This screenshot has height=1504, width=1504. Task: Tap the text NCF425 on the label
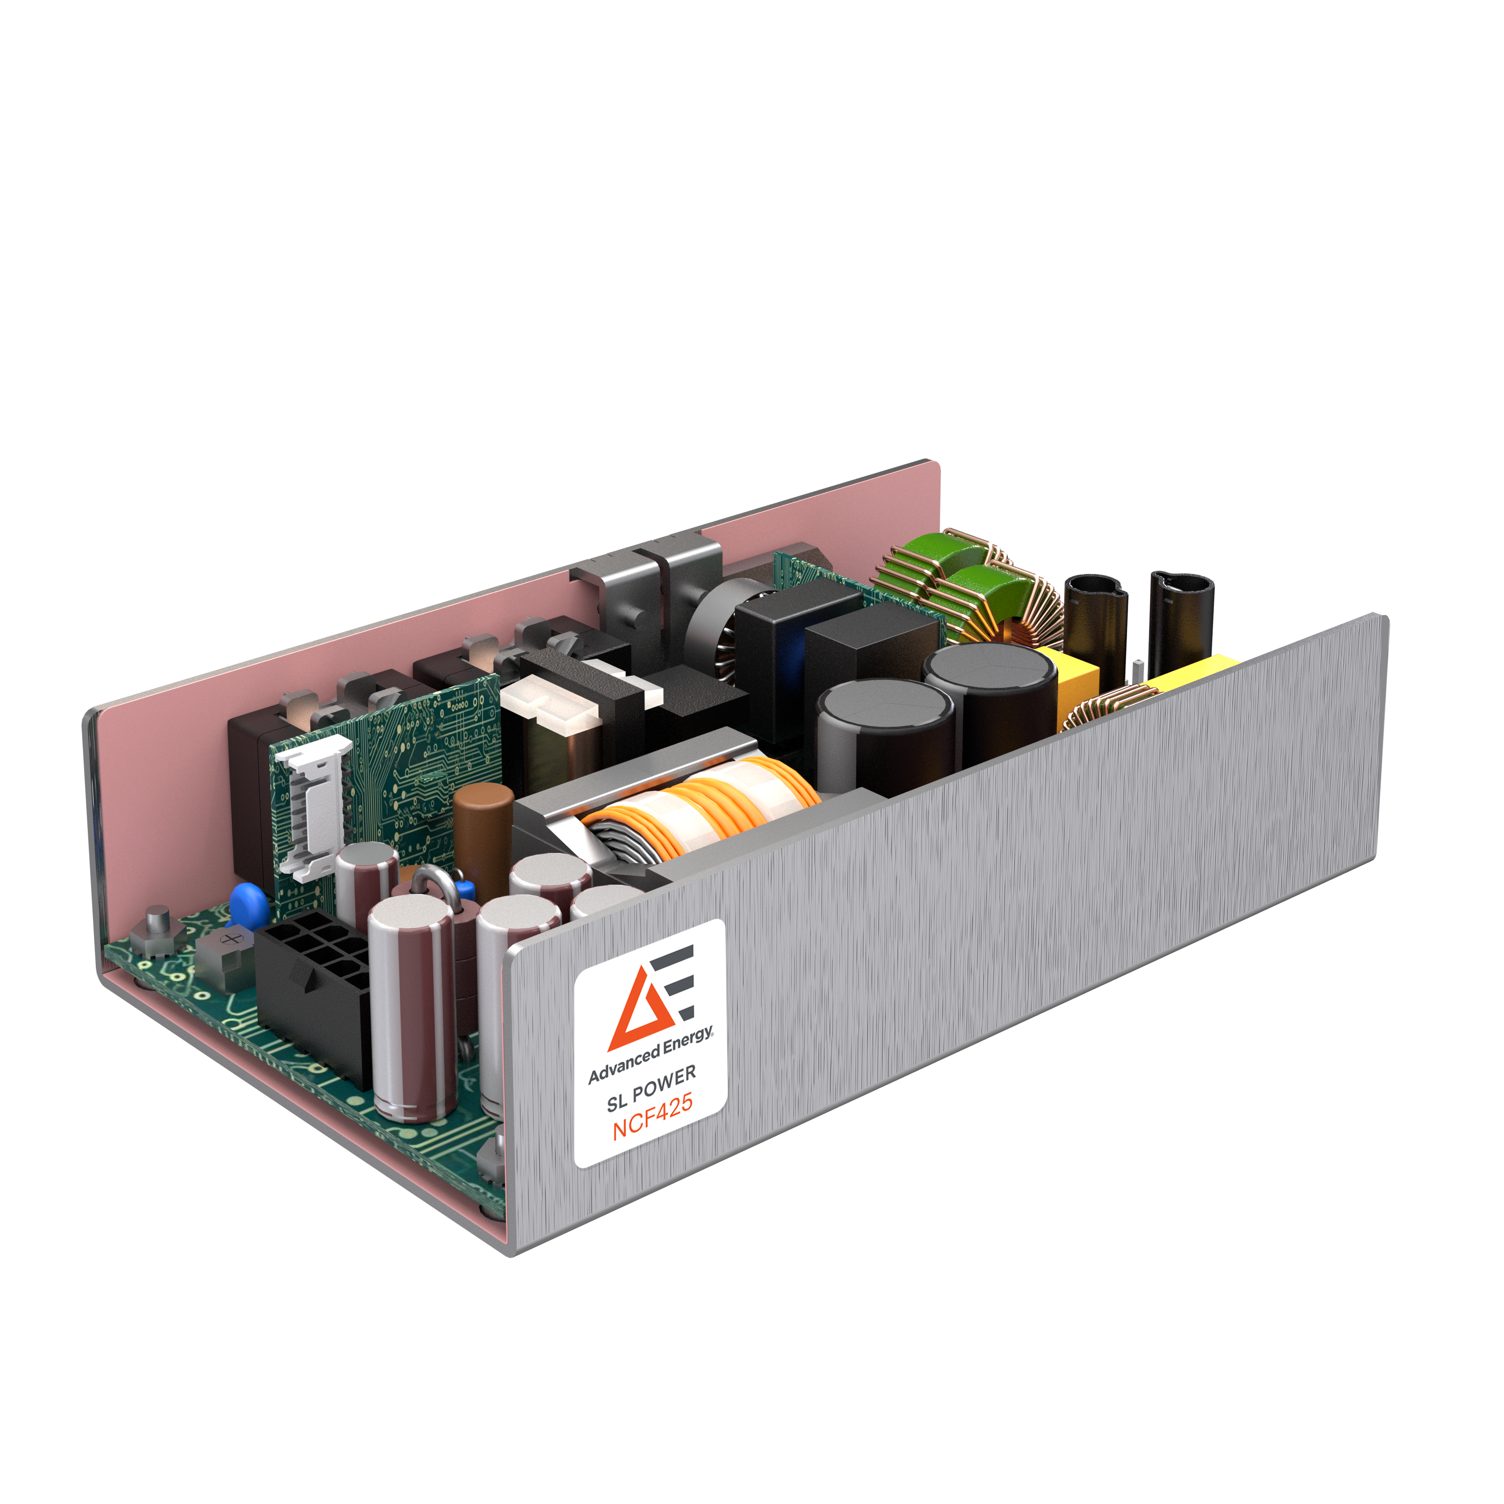coord(652,1118)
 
